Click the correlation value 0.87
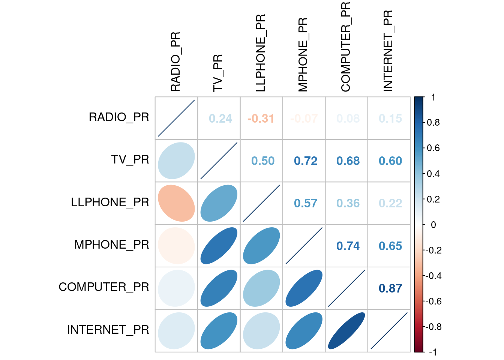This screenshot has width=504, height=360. [390, 288]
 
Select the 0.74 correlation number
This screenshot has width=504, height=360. [348, 246]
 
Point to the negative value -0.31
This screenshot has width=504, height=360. [261, 118]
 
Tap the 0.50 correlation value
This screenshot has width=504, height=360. [262, 161]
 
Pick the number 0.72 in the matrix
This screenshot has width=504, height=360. [305, 161]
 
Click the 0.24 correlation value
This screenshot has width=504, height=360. [220, 118]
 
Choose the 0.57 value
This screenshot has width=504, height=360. [305, 203]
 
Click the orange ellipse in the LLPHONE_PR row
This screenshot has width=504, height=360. [176, 203]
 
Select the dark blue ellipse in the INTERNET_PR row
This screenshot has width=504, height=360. [346, 331]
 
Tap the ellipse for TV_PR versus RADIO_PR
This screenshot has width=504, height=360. [176, 161]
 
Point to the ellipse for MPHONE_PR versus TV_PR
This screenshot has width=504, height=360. [219, 246]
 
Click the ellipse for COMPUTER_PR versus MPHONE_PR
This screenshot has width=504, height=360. [304, 288]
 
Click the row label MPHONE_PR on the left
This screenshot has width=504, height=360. [111, 245]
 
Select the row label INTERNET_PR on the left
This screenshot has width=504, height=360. [108, 330]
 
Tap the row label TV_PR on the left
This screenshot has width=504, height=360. [130, 160]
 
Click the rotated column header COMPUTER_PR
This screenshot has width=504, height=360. [345, 47]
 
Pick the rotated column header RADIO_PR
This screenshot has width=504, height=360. [175, 62]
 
